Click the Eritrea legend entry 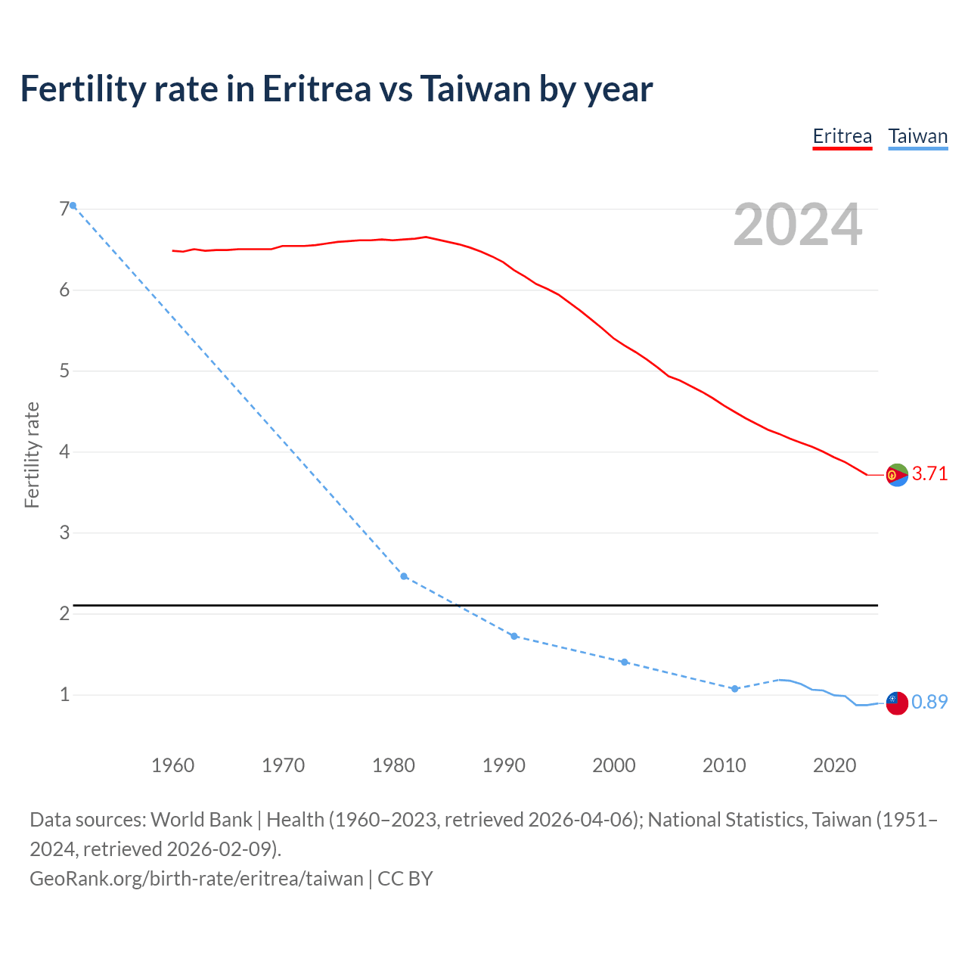coord(842,137)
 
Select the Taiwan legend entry coord(917,137)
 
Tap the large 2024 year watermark coord(797,225)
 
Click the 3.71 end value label coord(929,474)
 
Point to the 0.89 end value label coord(929,703)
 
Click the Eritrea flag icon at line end coord(897,475)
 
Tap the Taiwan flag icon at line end coord(897,703)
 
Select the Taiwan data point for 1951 coord(73,206)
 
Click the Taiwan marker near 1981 coord(404,576)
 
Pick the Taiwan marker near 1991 coord(514,636)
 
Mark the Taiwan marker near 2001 coord(625,662)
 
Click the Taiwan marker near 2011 coord(734,689)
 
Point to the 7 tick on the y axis coord(64,209)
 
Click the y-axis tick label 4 coord(64,452)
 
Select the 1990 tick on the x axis coord(504,765)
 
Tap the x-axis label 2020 coord(834,765)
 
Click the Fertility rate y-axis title coord(32,455)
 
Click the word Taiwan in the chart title coord(474,89)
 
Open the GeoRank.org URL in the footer coord(197,879)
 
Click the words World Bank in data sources coord(201,820)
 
